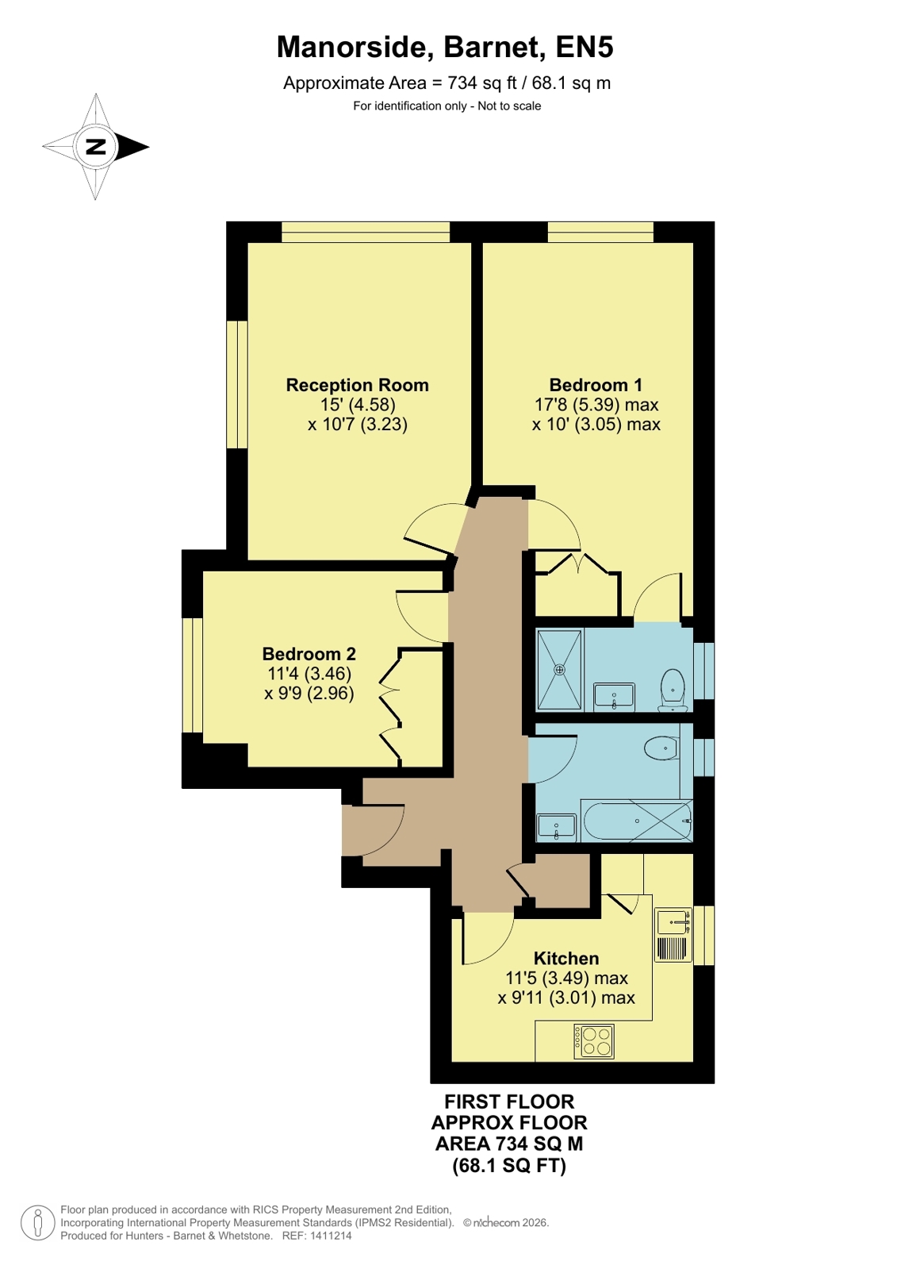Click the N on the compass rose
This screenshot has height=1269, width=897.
click(x=96, y=147)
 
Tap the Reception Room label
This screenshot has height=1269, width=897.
click(x=357, y=385)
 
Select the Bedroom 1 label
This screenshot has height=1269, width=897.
click(x=596, y=385)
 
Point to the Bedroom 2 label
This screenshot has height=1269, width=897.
click(x=309, y=654)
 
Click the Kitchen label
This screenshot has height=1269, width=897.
click(x=565, y=958)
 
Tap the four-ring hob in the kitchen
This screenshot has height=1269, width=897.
click(x=593, y=1042)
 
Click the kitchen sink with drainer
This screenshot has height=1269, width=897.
click(x=673, y=936)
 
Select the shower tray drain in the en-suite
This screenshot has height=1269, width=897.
click(x=559, y=670)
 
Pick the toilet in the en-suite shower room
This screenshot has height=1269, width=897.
click(x=673, y=690)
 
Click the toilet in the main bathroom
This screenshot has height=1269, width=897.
click(x=661, y=748)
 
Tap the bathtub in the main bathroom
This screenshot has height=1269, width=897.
click(x=637, y=821)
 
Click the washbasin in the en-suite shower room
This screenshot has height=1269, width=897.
click(x=614, y=697)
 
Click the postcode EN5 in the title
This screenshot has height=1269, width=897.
click(x=585, y=47)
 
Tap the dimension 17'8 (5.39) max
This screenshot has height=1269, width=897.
click(x=596, y=405)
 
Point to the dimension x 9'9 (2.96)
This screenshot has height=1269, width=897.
click(x=309, y=693)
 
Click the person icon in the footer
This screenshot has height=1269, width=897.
click(x=38, y=1222)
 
